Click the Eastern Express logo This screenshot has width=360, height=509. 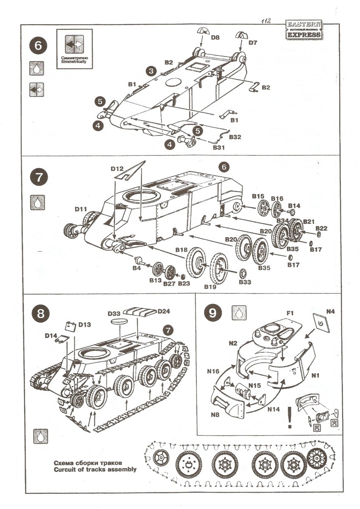304,30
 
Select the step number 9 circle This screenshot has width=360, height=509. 213,314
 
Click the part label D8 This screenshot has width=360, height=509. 215,38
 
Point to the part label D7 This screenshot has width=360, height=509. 253,42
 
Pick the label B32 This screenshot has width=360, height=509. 235,137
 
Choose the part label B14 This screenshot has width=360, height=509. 294,206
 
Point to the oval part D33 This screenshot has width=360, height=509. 120,322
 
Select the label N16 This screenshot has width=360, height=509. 214,371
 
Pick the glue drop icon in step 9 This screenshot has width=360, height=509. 238,313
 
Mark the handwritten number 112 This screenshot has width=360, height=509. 266,20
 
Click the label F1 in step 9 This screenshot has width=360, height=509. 290,313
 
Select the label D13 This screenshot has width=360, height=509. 84,324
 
